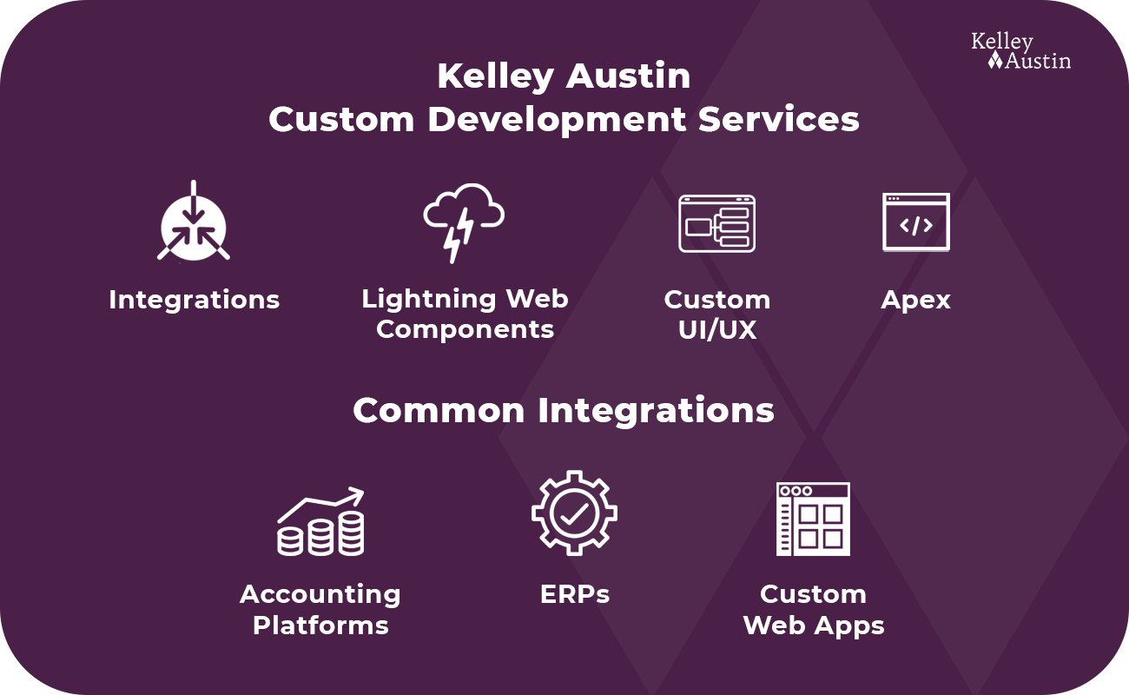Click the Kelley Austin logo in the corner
1020,51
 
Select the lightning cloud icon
464,222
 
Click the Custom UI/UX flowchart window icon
716,223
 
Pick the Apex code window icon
916,222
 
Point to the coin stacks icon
320,521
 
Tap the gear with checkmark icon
574,513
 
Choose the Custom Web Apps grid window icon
813,519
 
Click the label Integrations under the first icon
194,301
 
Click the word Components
465,330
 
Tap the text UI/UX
717,330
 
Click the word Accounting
320,595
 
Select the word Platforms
320,625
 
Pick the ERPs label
575,594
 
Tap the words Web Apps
814,626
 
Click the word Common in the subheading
439,410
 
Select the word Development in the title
557,121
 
